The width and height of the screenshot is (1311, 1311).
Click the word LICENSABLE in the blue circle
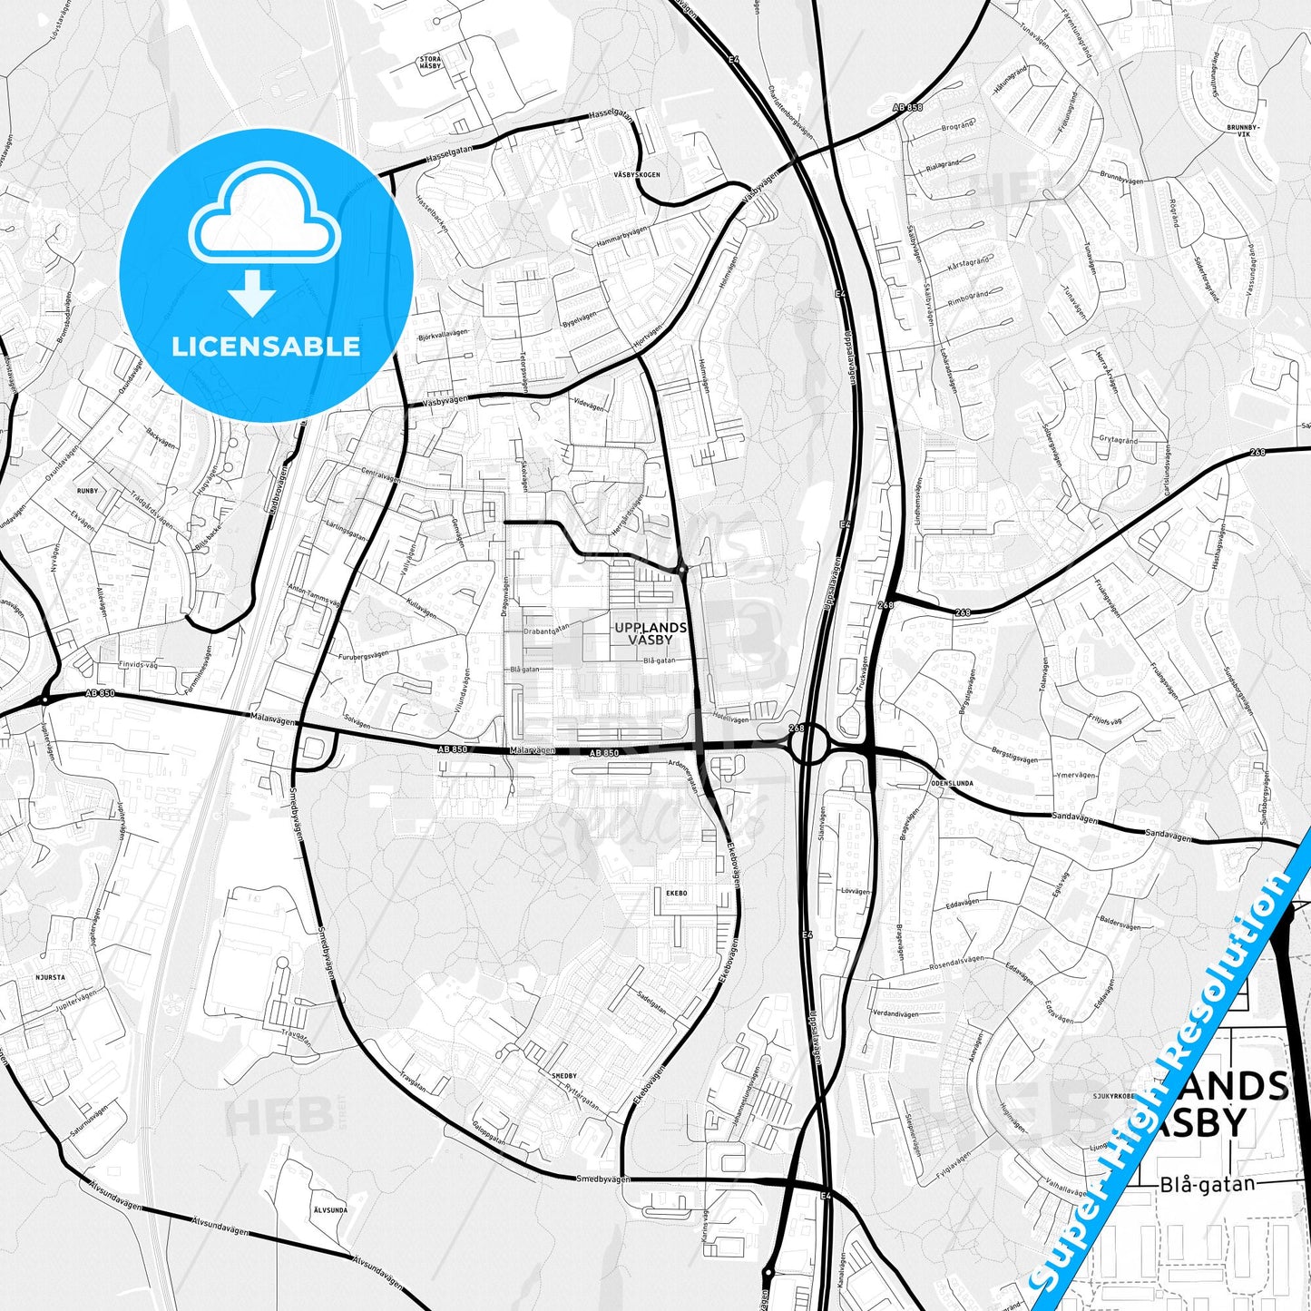point(266,347)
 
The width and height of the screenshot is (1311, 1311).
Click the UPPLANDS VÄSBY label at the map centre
point(650,633)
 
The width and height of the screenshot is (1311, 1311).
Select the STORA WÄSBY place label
point(430,63)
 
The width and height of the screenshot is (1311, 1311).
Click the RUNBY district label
point(87,491)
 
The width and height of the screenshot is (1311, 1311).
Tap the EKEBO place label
point(676,893)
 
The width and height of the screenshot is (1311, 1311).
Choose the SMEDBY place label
point(563,1075)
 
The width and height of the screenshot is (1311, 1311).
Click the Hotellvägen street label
point(731,719)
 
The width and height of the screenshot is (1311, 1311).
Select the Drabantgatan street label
point(546,627)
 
